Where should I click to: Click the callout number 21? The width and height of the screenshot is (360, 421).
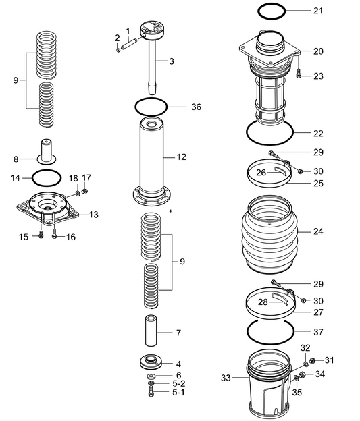coord(318,11)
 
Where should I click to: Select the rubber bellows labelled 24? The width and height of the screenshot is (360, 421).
coord(271,233)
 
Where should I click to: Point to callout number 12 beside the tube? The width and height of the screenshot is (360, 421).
coord(181,157)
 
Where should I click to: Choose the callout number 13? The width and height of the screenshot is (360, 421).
coord(93,215)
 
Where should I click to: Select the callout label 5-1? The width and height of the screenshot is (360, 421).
coord(178,391)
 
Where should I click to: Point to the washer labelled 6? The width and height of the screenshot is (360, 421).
coord(149,376)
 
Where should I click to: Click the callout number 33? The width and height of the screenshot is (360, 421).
coord(225,378)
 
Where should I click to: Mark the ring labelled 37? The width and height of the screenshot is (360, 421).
coord(270,331)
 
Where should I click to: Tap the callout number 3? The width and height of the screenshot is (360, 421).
coord(172,61)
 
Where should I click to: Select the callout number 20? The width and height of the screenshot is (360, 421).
coord(318,51)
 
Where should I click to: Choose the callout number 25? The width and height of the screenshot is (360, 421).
coord(318,183)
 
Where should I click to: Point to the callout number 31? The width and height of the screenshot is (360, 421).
coord(330,360)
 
